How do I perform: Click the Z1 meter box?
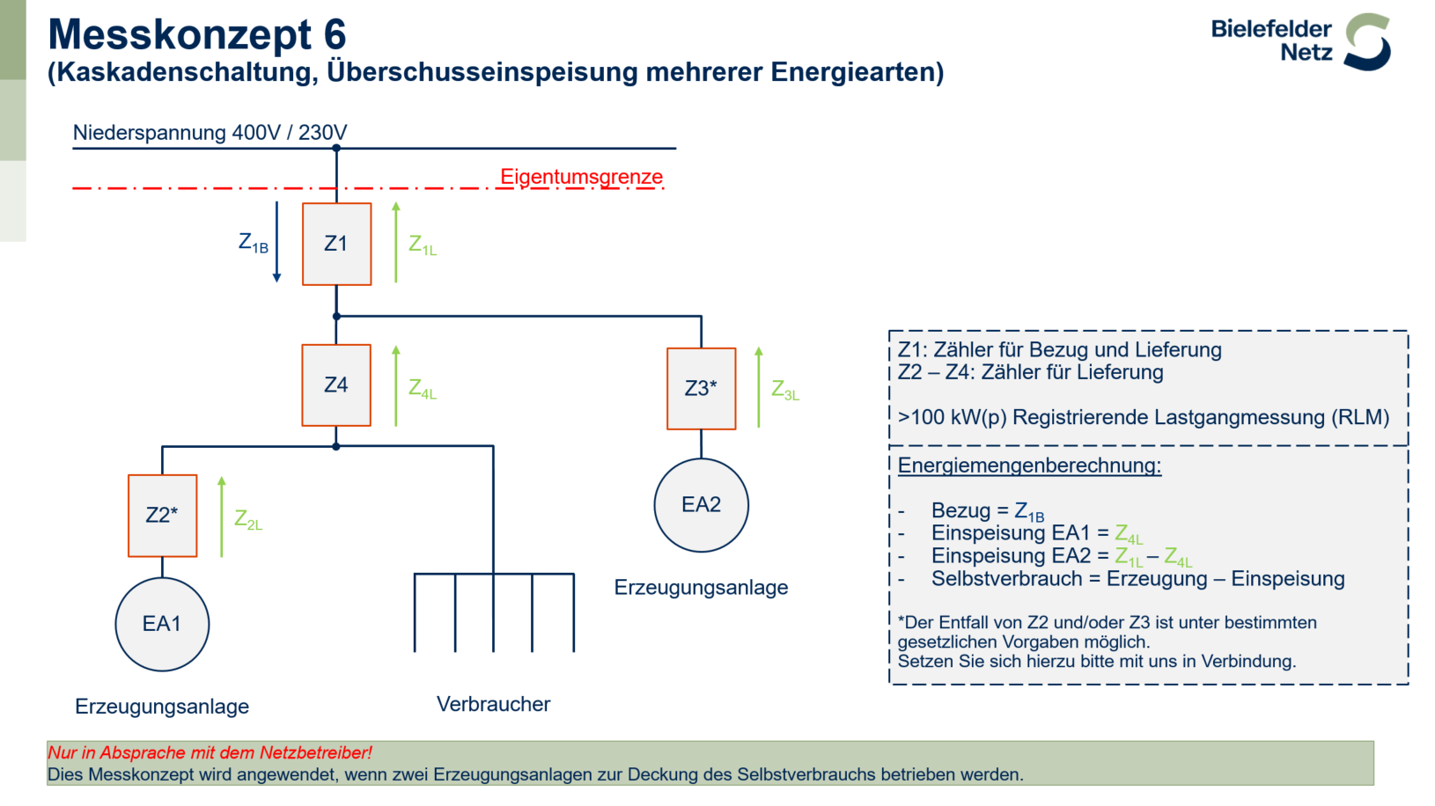[x=337, y=244]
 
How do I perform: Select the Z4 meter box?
[x=336, y=385]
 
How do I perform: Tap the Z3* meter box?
[x=702, y=389]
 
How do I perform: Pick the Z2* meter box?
[x=163, y=516]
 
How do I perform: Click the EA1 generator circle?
[x=162, y=624]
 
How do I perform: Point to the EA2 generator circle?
[x=702, y=505]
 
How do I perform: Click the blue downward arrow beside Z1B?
[x=276, y=242]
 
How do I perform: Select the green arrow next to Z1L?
[x=396, y=242]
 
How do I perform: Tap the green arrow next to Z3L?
[x=759, y=387]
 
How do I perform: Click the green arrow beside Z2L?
[x=222, y=517]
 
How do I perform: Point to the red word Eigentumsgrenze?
[x=581, y=177]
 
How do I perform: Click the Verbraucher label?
[x=493, y=704]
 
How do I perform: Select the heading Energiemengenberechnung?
[x=1029, y=465]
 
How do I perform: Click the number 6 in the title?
[x=335, y=34]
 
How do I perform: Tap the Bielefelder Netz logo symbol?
[x=1368, y=42]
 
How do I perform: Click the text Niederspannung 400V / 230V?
[x=210, y=133]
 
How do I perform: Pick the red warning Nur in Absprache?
[x=210, y=753]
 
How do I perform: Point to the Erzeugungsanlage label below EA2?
[x=701, y=588]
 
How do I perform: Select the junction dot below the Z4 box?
[x=336, y=446]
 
